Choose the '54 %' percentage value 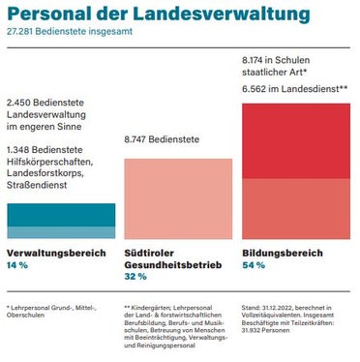253,264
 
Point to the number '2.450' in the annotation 19,102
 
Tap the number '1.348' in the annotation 19,151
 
